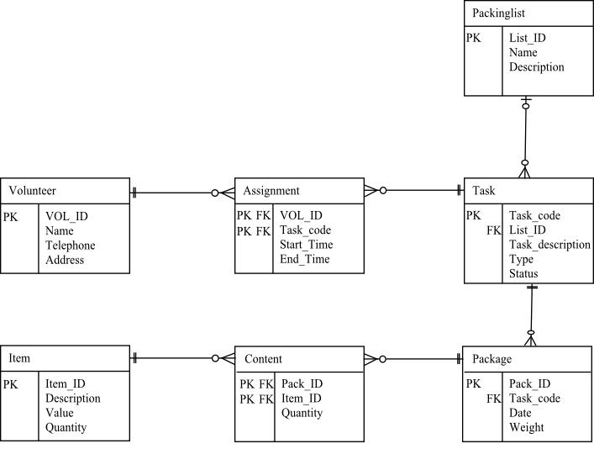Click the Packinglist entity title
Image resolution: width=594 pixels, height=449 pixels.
[x=498, y=13]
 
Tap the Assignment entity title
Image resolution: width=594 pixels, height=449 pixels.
[x=271, y=191]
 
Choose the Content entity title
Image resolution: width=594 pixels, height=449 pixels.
[x=263, y=359]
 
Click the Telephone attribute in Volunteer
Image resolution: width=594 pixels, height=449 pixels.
[x=71, y=246]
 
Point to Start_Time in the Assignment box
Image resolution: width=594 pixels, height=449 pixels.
[x=306, y=245]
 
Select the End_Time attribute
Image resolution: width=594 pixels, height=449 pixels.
[x=304, y=260]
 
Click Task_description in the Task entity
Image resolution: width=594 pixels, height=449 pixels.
[x=549, y=245]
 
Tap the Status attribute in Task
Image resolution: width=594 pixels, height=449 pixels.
[x=523, y=274]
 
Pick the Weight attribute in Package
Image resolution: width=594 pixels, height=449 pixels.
[x=526, y=428]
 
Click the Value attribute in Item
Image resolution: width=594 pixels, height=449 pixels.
[x=60, y=413]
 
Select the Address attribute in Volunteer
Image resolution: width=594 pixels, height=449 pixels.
[x=65, y=261]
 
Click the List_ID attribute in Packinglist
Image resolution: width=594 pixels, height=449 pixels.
[x=526, y=38]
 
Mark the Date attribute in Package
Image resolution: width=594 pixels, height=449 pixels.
[x=521, y=413]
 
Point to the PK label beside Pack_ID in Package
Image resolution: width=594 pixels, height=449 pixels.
[x=474, y=383]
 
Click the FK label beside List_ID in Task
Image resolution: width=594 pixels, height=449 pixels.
[x=494, y=230]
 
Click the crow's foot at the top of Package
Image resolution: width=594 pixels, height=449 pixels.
[x=530, y=338]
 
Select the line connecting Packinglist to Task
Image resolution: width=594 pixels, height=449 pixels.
[x=526, y=135]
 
